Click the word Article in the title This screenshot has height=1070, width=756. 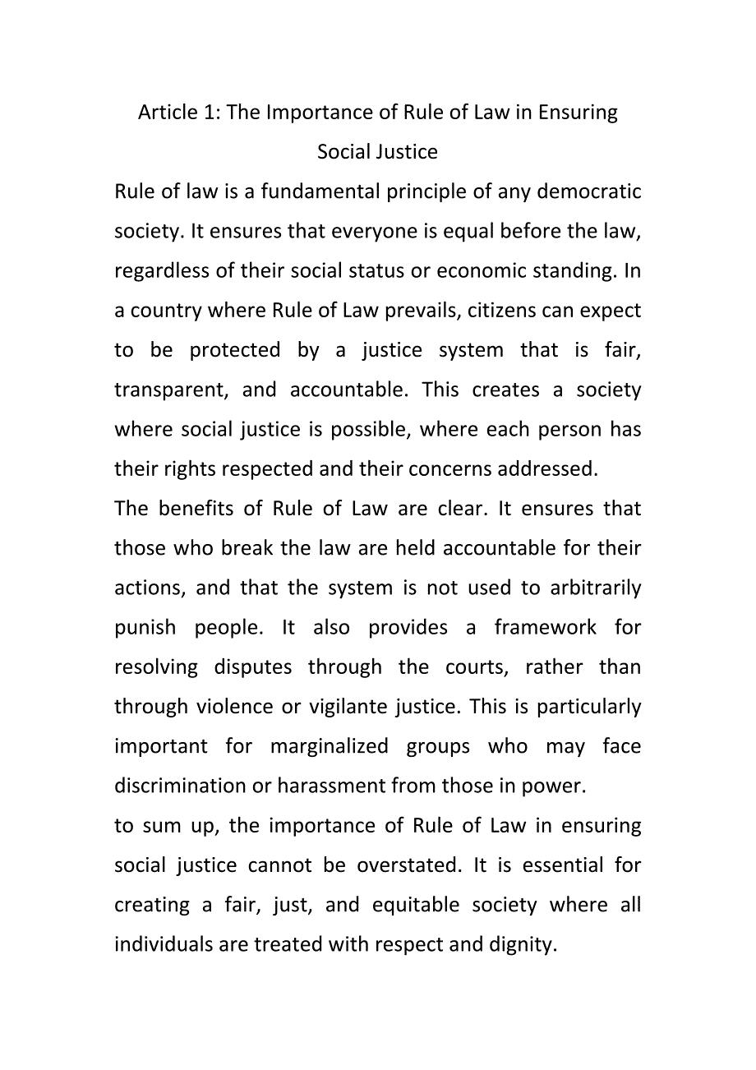click(x=168, y=112)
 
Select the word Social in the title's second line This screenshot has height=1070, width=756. click(x=343, y=152)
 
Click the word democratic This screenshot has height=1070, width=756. click(x=591, y=191)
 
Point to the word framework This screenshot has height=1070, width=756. click(x=545, y=628)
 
